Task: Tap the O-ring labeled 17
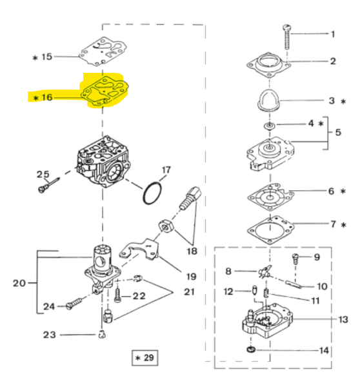point(152,192)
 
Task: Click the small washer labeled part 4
point(270,123)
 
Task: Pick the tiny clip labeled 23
point(102,334)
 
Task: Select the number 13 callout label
point(343,319)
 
